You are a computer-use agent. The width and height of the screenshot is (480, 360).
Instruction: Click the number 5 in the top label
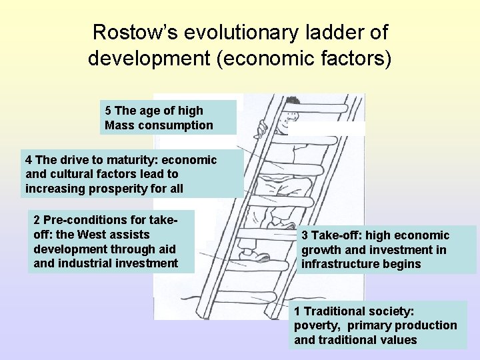click(108, 110)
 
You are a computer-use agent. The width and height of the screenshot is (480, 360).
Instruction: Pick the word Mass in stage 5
click(119, 125)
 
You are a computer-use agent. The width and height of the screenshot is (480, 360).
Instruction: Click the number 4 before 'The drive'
click(29, 160)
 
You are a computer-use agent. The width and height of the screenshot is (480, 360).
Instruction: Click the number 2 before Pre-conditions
click(36, 220)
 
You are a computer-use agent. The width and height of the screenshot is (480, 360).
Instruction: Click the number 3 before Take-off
click(305, 235)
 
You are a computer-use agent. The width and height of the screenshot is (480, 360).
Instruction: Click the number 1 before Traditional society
click(298, 311)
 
